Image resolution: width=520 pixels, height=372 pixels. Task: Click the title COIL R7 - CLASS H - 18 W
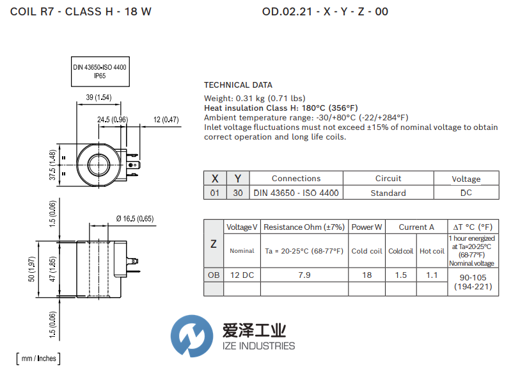81,12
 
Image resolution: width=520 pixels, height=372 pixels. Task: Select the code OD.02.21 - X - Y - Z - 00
325,12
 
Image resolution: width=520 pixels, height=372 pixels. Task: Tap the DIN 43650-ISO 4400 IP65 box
100,71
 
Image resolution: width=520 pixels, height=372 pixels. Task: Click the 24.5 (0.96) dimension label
113,119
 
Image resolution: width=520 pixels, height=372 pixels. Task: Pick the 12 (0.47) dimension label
166,119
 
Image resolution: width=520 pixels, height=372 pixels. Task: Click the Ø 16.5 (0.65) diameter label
135,218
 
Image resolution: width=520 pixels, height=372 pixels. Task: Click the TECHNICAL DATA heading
238,85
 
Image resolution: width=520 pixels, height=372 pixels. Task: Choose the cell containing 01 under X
215,193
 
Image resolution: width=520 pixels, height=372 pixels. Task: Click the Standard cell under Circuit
388,193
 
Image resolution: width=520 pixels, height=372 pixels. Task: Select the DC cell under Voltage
466,193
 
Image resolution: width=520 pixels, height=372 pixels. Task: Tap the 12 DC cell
242,275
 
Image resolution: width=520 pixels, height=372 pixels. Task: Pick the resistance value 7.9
304,275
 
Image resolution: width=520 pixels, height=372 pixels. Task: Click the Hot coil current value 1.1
432,275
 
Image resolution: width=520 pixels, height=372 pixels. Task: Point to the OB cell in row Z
214,275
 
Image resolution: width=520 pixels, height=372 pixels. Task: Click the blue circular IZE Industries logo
193,336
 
